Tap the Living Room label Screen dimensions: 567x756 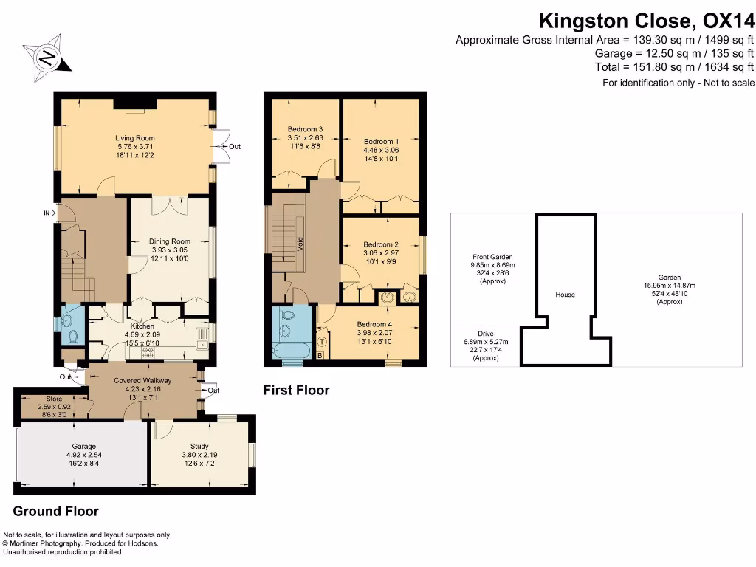tap(134, 137)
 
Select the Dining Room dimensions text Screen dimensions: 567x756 tap(170, 254)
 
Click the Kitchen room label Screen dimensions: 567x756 tap(142, 326)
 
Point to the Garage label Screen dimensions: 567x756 tap(83, 446)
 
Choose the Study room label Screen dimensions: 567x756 tap(199, 446)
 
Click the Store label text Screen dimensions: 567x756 tap(54, 399)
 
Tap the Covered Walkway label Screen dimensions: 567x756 tap(142, 380)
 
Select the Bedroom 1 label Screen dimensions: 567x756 tap(381, 141)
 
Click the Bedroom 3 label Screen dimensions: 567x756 tap(305, 129)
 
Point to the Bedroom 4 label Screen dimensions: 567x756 tap(375, 324)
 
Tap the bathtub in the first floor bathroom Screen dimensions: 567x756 tap(292, 349)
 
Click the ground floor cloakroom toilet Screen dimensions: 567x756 tap(72, 336)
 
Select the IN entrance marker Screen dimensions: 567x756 tap(49, 213)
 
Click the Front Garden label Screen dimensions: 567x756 tap(492, 257)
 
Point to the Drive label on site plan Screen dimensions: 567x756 tap(485, 334)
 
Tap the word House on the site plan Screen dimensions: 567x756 tap(565, 295)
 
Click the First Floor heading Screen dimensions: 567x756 tap(296, 390)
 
